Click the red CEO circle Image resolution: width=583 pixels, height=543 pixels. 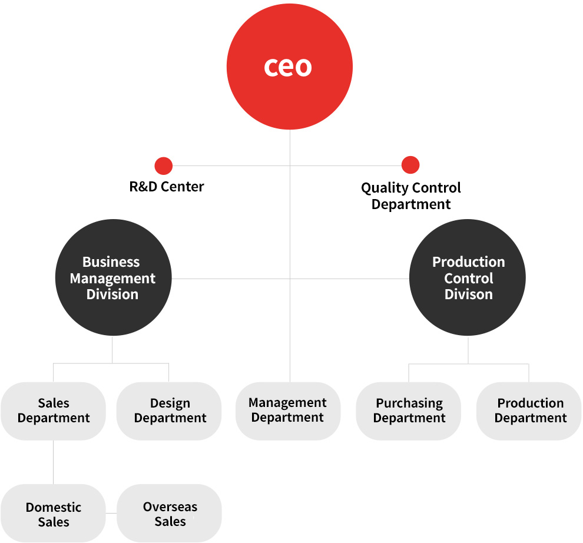pos(290,67)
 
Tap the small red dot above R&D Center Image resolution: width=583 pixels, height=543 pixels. pos(164,166)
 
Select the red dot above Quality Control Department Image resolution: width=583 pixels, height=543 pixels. pos(410,165)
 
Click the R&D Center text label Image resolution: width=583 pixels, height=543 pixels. pos(167,186)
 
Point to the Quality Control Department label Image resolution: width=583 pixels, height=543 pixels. pos(411,196)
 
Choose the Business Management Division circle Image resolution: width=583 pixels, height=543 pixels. pos(114,277)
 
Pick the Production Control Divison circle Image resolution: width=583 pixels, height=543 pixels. pos(468,277)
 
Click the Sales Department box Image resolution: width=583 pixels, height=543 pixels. pos(53,411)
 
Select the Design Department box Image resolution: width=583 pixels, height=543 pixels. pos(169,411)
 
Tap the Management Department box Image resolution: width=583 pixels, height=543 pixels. pos(288,411)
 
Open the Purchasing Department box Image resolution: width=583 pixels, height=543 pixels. pos(409,411)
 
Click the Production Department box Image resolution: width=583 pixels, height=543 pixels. pos(529,411)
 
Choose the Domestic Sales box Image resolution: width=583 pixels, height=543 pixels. pos(53,513)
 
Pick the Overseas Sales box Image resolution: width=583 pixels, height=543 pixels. pos(169,513)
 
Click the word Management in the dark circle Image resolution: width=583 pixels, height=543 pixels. pos(112,279)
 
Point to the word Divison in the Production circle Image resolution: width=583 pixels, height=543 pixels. pos(469,294)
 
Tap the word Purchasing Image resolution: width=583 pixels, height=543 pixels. pos(409,403)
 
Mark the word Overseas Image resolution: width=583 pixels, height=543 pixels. pos(170,507)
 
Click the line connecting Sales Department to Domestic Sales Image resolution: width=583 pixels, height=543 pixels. pos(53,462)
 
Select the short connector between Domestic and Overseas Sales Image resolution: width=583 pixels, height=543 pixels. pos(111,513)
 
